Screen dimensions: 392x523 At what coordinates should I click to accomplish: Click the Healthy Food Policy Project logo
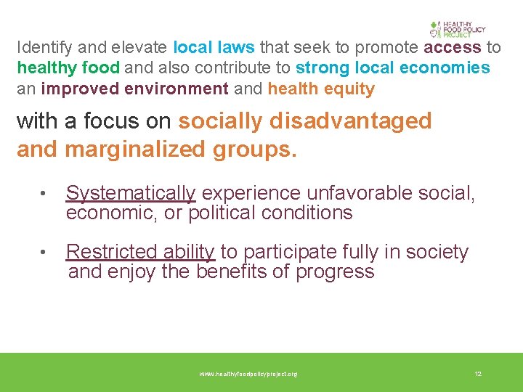[457, 29]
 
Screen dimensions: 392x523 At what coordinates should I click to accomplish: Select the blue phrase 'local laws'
[214, 48]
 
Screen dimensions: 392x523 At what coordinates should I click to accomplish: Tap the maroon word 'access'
[453, 48]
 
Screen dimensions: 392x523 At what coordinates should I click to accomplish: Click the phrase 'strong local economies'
[393, 68]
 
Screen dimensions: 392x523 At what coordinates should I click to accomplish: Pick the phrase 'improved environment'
[135, 89]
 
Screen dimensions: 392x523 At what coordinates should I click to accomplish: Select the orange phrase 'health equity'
[321, 89]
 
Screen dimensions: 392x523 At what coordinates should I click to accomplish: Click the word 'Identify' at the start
[44, 48]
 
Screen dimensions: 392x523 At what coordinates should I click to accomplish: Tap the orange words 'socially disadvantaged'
[305, 121]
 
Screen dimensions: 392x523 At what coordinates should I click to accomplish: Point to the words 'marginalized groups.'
[181, 149]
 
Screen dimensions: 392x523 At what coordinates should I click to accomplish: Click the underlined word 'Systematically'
[131, 193]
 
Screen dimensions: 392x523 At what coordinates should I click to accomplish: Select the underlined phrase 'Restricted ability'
[140, 252]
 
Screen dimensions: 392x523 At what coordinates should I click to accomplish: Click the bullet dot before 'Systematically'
[44, 194]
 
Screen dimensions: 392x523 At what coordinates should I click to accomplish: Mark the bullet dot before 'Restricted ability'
[44, 253]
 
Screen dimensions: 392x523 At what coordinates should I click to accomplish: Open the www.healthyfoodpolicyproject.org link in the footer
[248, 374]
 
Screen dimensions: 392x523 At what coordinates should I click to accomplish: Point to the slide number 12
[478, 374]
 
